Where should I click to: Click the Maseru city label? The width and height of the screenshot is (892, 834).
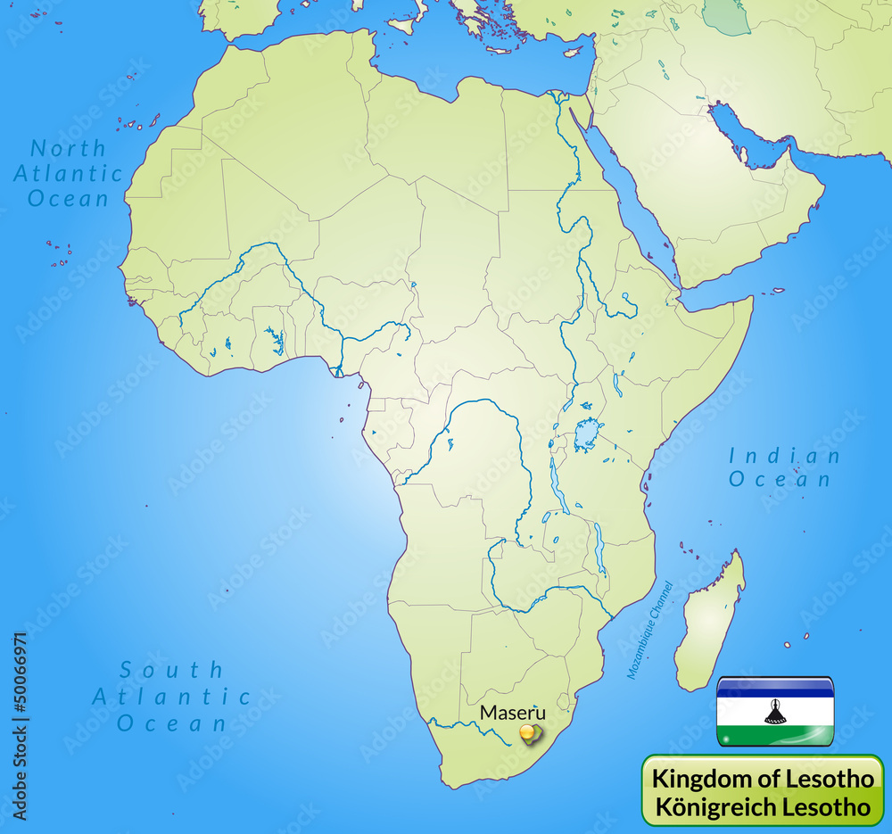tap(512, 713)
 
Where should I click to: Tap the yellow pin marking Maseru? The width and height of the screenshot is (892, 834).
tap(529, 734)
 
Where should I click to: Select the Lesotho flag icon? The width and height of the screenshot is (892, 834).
tap(775, 711)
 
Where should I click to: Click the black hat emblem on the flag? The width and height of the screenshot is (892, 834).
tap(775, 712)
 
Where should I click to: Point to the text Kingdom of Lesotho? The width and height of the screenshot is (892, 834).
tap(763, 778)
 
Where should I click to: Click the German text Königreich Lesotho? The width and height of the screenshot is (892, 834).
tap(763, 806)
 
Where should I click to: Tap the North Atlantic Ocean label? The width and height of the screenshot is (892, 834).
tap(69, 173)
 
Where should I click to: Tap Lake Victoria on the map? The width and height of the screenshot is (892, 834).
tap(586, 434)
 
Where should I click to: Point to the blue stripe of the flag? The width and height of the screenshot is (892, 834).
tap(775, 687)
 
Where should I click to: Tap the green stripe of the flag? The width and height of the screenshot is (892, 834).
tap(775, 736)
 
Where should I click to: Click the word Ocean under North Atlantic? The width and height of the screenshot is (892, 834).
tap(69, 198)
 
